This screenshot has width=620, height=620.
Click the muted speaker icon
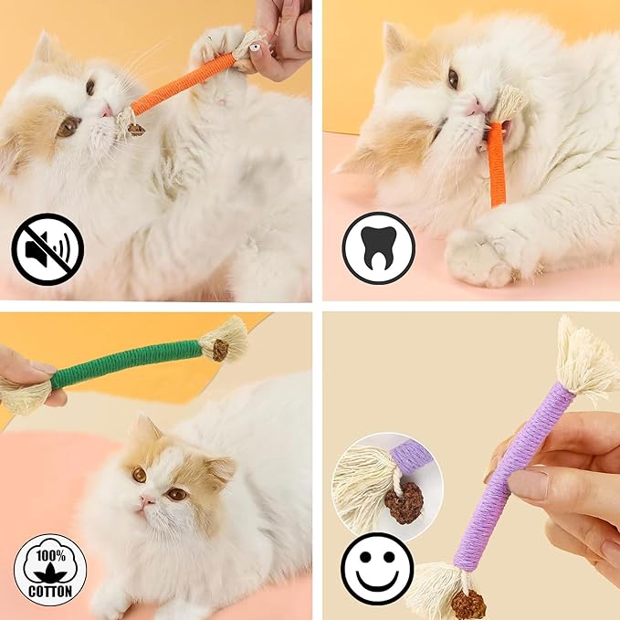(x=47, y=248)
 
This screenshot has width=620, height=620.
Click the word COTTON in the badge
(x=50, y=591)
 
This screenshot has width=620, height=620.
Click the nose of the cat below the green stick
(x=147, y=501)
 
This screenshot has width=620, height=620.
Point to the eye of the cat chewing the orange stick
(x=453, y=79)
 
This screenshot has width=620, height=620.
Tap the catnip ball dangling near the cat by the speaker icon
(x=136, y=129)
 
